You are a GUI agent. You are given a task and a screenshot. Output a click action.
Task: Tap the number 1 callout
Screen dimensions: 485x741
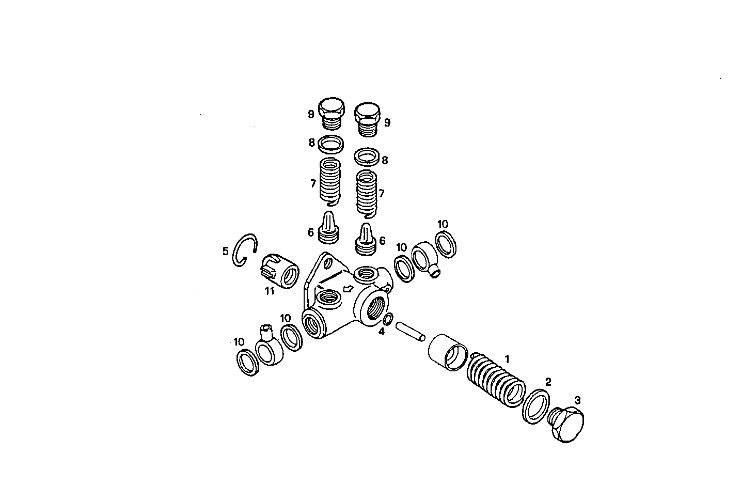507,358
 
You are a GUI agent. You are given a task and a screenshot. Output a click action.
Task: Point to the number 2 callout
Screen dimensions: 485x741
548,382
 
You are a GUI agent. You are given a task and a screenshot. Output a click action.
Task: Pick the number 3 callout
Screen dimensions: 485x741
577,400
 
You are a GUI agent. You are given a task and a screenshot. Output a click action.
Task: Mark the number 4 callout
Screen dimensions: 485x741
381,332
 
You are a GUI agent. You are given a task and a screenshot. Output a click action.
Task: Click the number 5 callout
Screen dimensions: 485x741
225,252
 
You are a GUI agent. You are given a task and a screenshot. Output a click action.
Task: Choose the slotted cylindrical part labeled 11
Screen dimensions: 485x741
279,271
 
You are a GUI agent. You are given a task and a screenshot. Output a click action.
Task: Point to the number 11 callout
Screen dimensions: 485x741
269,291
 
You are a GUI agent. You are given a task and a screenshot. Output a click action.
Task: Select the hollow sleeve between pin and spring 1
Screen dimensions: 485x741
448,352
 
